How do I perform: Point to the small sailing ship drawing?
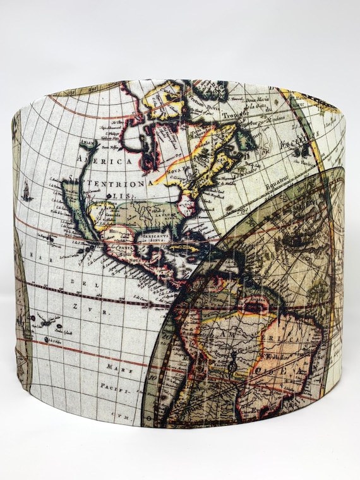point(26,189)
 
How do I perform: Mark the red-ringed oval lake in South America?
point(255,308)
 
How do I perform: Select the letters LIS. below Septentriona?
point(123,197)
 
